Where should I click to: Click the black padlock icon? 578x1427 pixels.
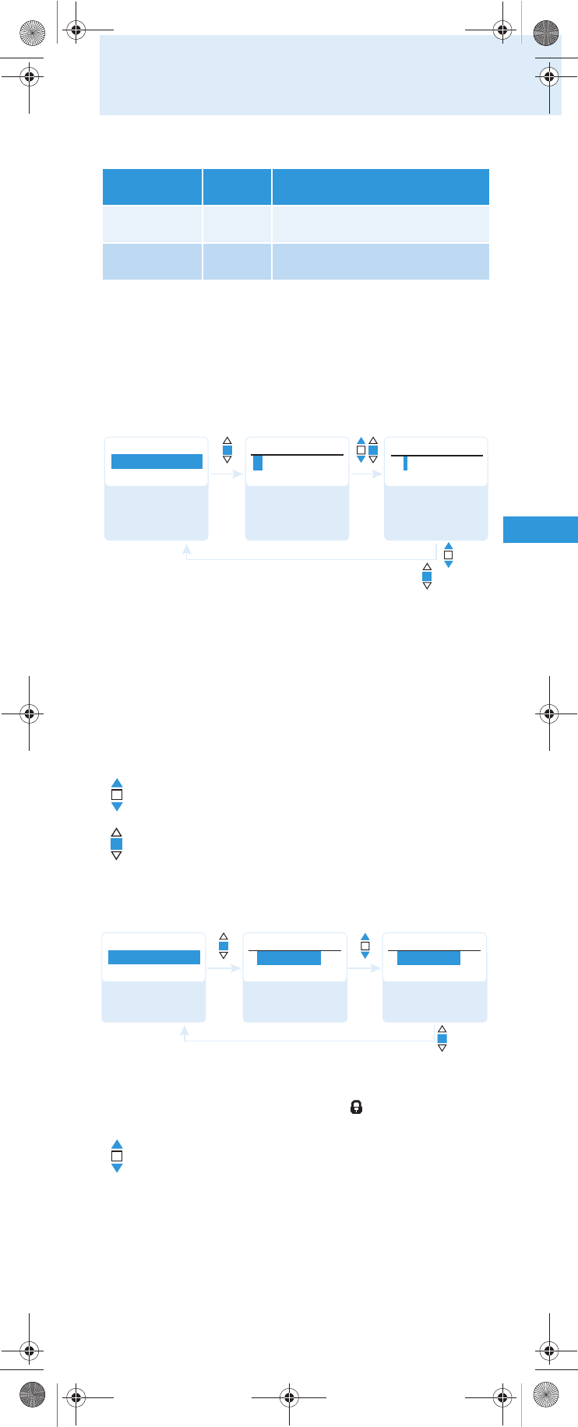point(356,1107)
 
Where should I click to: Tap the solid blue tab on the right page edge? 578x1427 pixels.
point(540,530)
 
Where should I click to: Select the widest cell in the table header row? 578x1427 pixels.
point(380,187)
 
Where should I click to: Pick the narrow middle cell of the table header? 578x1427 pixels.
point(237,187)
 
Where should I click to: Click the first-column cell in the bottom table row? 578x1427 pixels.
point(152,262)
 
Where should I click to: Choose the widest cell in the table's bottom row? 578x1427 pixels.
point(380,262)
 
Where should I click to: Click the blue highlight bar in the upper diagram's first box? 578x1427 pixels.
point(157,462)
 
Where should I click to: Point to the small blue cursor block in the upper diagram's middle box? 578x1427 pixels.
point(258,463)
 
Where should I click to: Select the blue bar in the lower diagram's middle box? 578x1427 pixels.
point(289,958)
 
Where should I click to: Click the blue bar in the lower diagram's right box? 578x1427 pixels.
point(428,958)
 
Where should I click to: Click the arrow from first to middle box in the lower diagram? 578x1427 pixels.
point(224,969)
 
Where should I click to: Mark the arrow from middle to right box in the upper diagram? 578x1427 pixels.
point(366,474)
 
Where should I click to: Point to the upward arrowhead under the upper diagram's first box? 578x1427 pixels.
point(186,549)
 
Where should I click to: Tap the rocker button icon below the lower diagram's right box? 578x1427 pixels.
point(442,1038)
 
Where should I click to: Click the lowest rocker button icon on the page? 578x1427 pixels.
point(117,1156)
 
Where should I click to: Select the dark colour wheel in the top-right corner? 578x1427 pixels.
point(546,32)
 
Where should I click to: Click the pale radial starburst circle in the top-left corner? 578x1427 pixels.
point(32,32)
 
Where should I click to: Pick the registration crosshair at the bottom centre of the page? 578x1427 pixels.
point(289,1397)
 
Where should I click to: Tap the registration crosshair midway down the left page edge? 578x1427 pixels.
point(29,713)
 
